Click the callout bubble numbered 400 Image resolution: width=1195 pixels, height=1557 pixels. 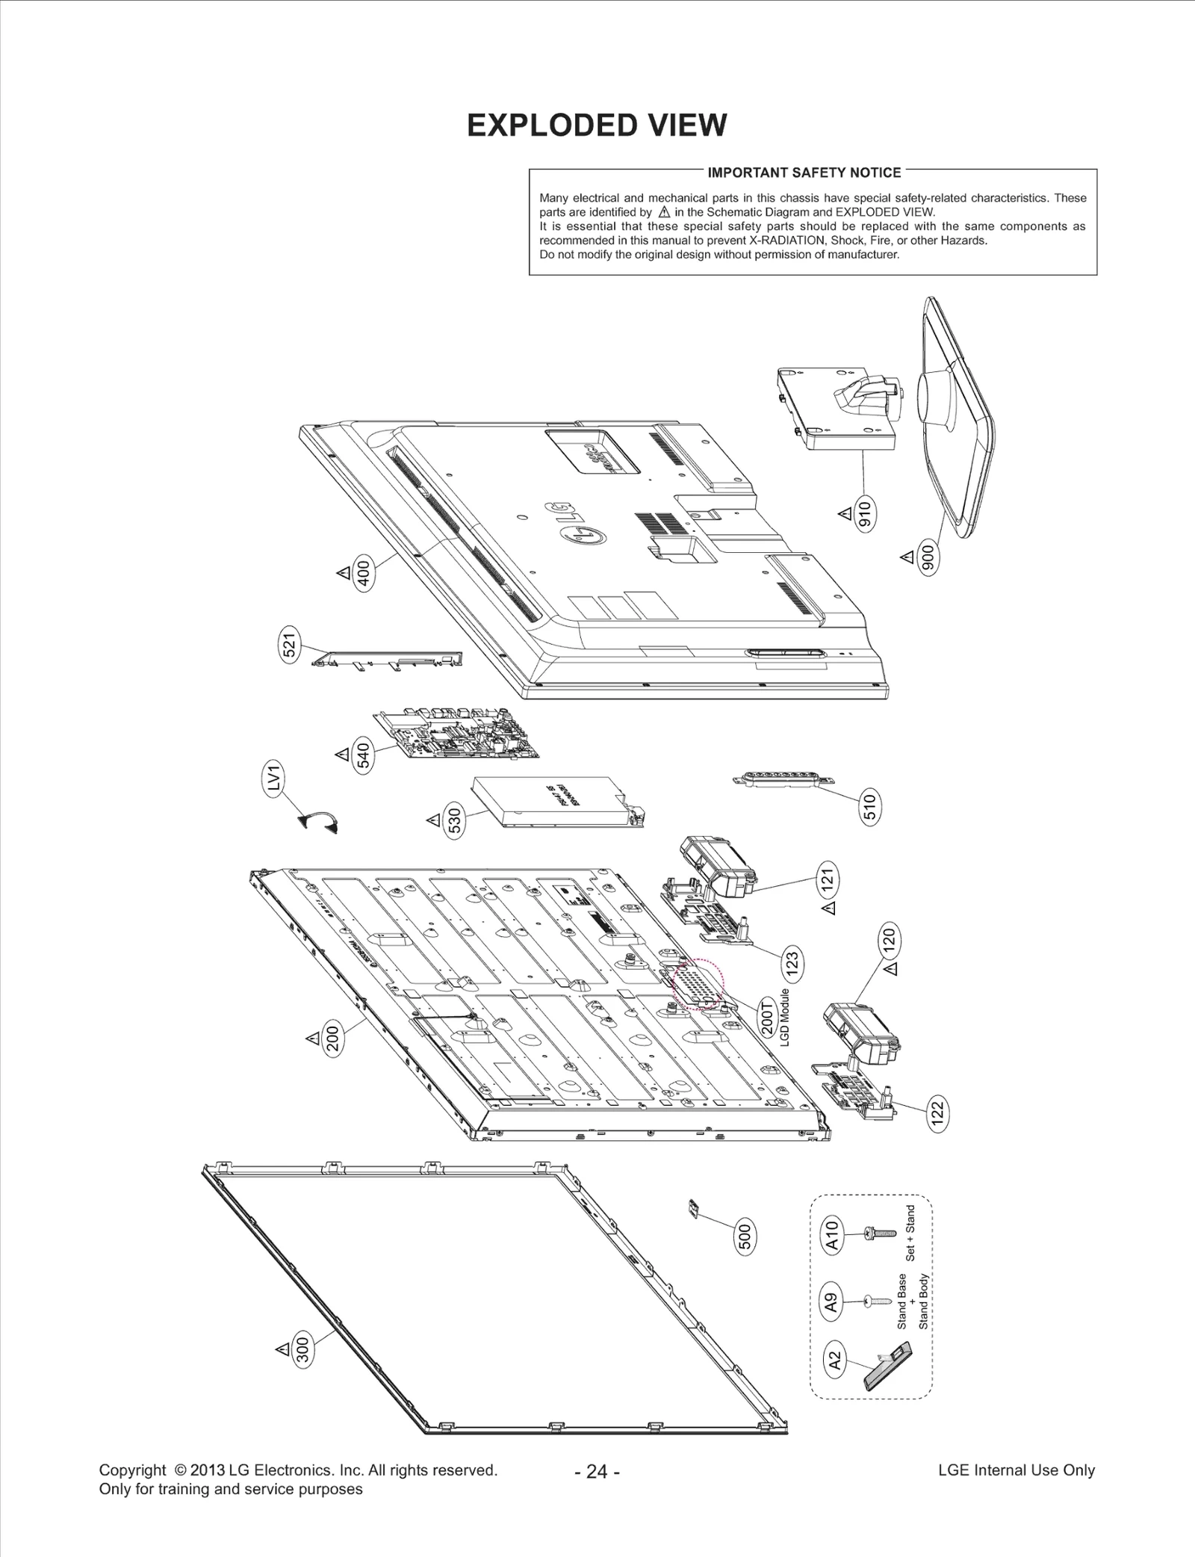tap(364, 574)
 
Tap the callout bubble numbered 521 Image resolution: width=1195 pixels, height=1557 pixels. tap(290, 644)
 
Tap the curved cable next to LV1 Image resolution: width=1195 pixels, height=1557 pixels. tap(319, 822)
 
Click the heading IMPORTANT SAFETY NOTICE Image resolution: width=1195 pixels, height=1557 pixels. tap(804, 173)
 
